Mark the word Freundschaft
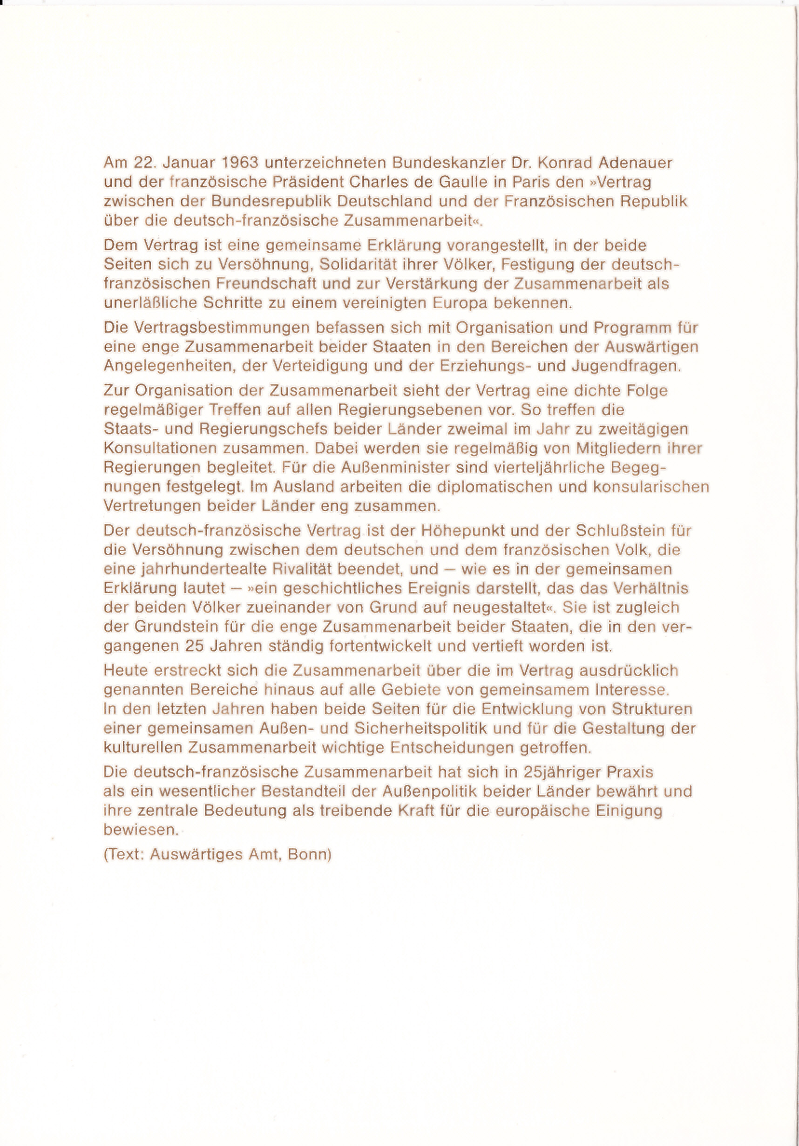point(266,284)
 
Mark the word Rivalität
point(303,569)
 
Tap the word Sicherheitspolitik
point(420,729)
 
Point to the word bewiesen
point(141,830)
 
